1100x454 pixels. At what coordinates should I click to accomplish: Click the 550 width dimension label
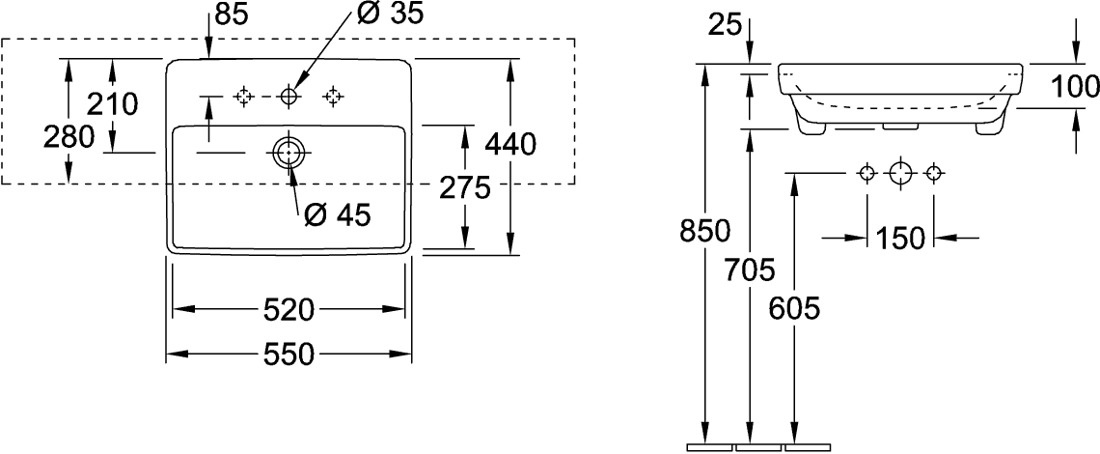(289, 355)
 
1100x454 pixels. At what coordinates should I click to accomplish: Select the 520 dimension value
(289, 310)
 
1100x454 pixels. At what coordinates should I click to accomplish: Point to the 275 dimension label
(465, 187)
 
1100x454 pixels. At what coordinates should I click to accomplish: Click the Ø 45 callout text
(337, 215)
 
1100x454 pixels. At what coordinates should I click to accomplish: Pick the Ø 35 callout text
(390, 14)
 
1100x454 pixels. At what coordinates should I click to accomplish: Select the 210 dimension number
(113, 102)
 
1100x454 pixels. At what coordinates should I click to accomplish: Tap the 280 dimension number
(69, 137)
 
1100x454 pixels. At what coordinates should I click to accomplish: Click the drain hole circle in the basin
(289, 153)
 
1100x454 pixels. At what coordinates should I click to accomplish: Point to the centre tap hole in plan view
(288, 96)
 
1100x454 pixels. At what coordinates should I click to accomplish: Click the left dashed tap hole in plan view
(243, 96)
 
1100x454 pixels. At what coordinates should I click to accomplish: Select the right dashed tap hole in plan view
(333, 96)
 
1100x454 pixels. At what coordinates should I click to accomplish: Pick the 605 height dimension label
(794, 308)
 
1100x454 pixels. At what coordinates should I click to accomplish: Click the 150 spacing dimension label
(901, 238)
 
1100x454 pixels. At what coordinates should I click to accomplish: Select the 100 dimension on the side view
(1075, 87)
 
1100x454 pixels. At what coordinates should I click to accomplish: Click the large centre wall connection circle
(900, 174)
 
